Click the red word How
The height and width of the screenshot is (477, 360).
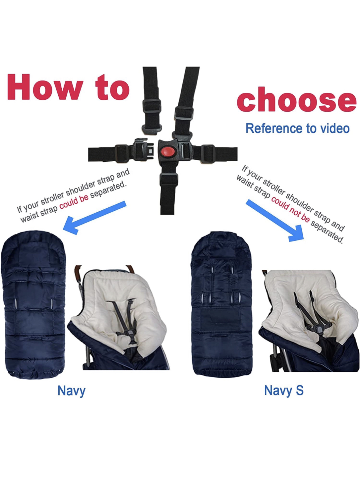pos(45,87)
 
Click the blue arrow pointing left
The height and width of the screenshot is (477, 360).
pos(94,218)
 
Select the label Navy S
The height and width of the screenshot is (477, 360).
pos(284,391)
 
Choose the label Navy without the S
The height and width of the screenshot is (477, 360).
pos(72,391)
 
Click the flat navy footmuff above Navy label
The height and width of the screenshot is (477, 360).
pos(33,305)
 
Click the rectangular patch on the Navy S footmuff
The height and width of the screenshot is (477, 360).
pos(220,319)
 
